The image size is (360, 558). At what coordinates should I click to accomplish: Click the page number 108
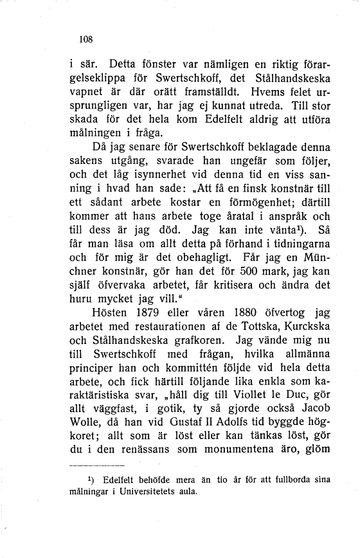tap(85, 39)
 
